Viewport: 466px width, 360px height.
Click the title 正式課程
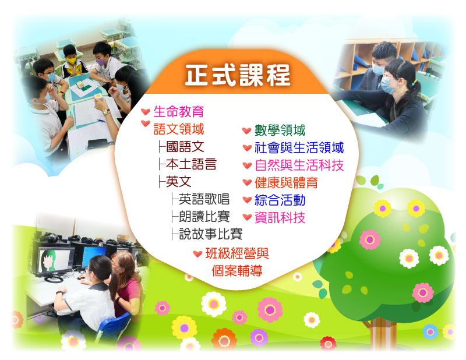click(237, 75)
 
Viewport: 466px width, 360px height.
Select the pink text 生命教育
click(179, 112)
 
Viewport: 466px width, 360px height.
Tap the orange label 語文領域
click(179, 129)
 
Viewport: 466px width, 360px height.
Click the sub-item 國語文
click(185, 147)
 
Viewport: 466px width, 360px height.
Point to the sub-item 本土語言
click(191, 164)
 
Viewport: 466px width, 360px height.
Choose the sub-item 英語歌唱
click(204, 199)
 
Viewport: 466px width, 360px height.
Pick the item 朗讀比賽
click(204, 217)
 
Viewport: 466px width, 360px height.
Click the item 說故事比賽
click(210, 234)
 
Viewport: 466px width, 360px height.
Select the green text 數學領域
click(280, 130)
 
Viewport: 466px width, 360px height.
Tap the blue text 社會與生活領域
click(299, 148)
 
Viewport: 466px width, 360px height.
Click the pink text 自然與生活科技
click(299, 165)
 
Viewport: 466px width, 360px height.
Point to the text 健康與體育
click(286, 182)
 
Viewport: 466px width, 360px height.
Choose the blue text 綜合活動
click(280, 200)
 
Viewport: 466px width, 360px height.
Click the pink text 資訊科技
click(280, 218)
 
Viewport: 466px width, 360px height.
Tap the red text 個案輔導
click(237, 271)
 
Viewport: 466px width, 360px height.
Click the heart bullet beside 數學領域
click(246, 130)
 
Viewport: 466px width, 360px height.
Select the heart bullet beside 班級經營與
click(197, 254)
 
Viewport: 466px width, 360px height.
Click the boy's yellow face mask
click(71, 61)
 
